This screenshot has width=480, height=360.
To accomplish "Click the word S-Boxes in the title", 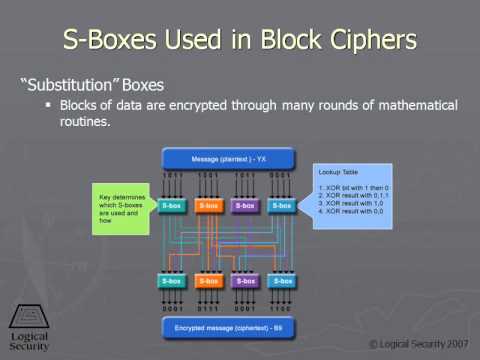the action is pos(115,40).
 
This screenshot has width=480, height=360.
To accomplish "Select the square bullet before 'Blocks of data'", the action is pos(46,105).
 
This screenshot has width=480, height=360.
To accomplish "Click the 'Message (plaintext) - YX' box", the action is pos(229,158).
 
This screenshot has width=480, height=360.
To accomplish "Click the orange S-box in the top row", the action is pos(209,206).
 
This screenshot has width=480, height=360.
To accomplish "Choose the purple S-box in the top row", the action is pos(246,206).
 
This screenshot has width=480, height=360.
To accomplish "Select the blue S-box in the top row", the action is pos(282,206).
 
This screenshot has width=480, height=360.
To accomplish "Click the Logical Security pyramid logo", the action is pos(27,315).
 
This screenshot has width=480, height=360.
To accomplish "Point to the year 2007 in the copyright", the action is pos(454,343).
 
